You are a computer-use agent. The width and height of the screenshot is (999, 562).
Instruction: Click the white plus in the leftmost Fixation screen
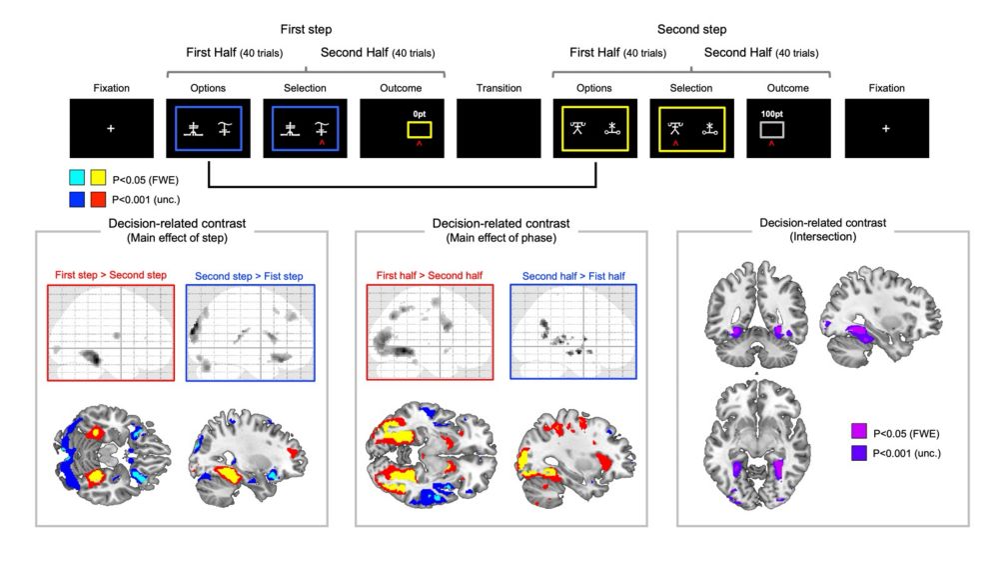[x=111, y=129]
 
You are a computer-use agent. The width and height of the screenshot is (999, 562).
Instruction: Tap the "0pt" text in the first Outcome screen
[x=420, y=114]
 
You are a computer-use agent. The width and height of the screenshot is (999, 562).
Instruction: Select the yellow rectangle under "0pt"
[x=419, y=130]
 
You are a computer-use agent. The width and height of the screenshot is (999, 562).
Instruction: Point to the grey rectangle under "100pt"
[x=771, y=130]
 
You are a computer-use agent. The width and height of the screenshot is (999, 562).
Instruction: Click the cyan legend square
[x=77, y=178]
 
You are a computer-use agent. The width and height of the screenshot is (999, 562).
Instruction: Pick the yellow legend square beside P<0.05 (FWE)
[x=99, y=178]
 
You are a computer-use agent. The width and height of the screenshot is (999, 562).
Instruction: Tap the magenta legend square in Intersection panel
[x=857, y=432]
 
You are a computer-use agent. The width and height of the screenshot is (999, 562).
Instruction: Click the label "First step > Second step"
[x=110, y=274]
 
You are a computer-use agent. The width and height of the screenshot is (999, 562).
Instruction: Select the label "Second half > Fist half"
[x=573, y=274]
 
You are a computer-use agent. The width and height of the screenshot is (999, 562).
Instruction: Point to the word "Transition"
[x=499, y=88]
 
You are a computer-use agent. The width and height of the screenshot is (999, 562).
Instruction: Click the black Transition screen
[x=499, y=127]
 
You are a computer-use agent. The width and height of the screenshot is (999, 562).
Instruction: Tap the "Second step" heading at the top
[x=691, y=30]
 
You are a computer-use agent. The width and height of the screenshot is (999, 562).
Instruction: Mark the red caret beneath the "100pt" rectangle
[x=771, y=145]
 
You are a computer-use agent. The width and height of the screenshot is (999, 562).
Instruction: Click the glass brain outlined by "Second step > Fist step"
[x=248, y=331]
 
